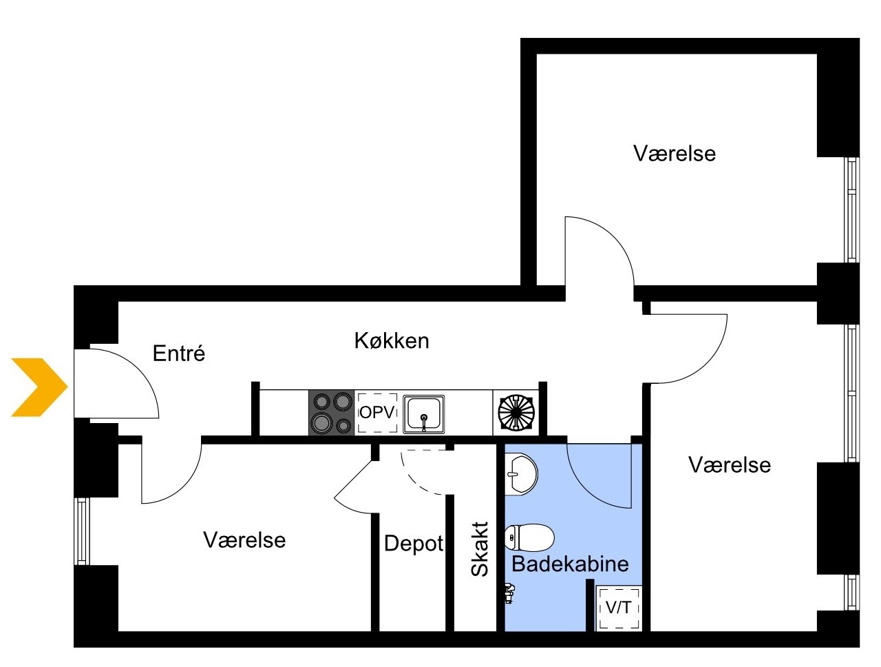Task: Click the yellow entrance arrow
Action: click(39, 387)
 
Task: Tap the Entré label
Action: click(178, 353)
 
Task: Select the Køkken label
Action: click(392, 340)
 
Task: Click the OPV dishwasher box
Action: click(377, 413)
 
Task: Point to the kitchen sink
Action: click(423, 414)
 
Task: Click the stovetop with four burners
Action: click(331, 412)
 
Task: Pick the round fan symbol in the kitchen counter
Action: click(516, 413)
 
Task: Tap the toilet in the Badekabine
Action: click(529, 537)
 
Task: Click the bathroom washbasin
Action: click(521, 474)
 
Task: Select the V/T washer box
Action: click(619, 608)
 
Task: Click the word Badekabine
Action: click(570, 564)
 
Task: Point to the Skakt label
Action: click(480, 548)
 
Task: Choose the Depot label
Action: click(414, 544)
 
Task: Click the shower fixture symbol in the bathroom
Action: click(509, 593)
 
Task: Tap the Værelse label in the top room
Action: click(675, 154)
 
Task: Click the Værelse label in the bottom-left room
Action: click(244, 540)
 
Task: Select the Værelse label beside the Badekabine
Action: click(730, 465)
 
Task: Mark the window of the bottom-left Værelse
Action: click(82, 531)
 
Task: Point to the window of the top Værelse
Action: click(851, 209)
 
